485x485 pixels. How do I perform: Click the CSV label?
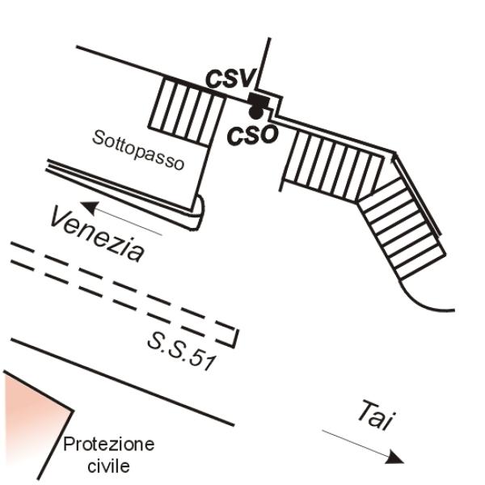click(x=231, y=78)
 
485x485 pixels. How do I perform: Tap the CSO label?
click(x=252, y=136)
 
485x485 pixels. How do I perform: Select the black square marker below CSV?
click(x=259, y=99)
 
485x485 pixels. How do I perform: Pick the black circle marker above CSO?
click(x=255, y=112)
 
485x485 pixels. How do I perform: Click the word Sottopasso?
click(x=138, y=150)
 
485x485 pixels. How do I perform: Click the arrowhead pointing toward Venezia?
click(x=89, y=207)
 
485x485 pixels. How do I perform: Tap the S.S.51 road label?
click(x=181, y=352)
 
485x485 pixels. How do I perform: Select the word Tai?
click(x=376, y=415)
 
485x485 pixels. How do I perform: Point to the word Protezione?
click(x=109, y=444)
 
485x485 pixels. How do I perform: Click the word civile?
click(x=108, y=466)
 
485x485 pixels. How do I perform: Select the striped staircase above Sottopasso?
click(x=187, y=112)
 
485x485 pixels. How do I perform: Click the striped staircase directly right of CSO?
click(x=334, y=166)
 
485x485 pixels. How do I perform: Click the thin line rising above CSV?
click(x=264, y=63)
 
